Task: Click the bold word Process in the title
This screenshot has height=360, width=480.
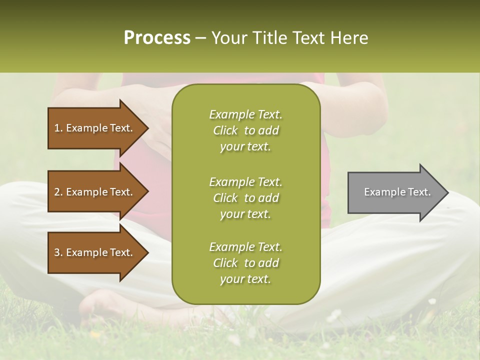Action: (x=157, y=38)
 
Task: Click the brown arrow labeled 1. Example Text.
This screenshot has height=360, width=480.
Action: (x=95, y=128)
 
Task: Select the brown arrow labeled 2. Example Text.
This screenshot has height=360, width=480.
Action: (x=95, y=192)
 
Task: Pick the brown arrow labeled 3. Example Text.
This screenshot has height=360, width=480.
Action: (x=95, y=252)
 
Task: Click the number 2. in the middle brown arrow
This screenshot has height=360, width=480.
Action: (x=58, y=192)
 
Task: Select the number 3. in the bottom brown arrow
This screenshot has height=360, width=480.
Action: (x=58, y=252)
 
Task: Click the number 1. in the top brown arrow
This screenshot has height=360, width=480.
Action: (x=58, y=128)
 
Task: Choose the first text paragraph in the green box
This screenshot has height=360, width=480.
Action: (x=245, y=130)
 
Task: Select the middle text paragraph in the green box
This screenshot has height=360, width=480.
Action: (x=245, y=198)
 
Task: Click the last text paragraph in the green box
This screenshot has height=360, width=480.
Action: (x=245, y=263)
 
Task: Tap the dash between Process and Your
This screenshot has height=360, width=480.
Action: (x=201, y=38)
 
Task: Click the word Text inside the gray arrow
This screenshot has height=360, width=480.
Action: (x=419, y=192)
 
